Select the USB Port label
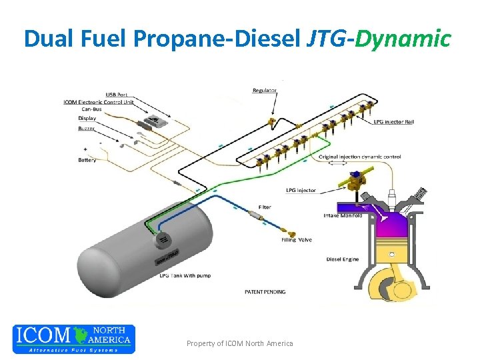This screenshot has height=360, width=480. point(117,94)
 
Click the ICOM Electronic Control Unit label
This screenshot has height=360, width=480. point(98,102)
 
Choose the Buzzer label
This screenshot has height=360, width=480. point(86,127)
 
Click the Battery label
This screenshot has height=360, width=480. point(87,160)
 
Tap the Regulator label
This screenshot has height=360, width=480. point(264,90)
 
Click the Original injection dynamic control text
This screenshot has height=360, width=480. point(360,157)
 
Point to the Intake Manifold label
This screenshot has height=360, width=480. point(342,215)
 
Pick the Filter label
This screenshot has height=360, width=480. point(264,207)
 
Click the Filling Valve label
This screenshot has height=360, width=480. point(296,240)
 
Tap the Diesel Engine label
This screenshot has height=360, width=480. point(343,259)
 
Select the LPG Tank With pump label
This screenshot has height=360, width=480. point(185,275)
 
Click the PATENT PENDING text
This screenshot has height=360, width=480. point(265,291)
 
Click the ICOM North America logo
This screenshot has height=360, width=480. point(73,339)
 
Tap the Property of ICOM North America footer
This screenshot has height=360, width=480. point(239,343)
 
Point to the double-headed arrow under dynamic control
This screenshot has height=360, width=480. point(338,164)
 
